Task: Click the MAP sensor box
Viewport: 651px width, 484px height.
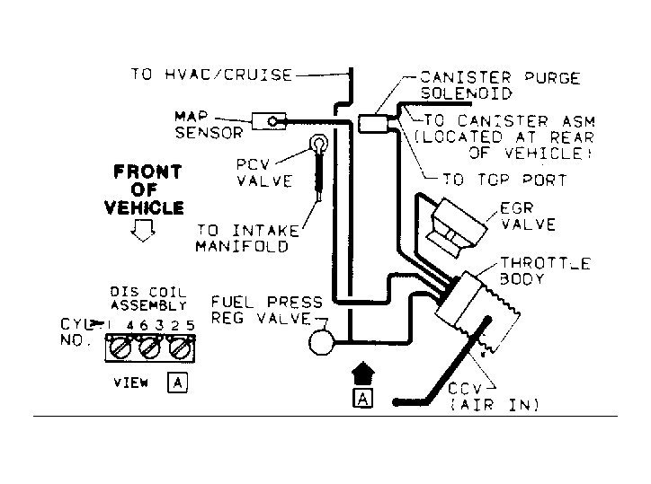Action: [269, 121]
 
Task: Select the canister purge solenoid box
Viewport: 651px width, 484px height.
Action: [374, 124]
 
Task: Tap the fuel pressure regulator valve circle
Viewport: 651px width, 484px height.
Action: [321, 342]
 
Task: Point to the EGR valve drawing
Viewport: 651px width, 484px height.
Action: [458, 228]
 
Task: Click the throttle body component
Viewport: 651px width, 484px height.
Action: [477, 311]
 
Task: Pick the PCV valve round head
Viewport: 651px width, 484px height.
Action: [318, 144]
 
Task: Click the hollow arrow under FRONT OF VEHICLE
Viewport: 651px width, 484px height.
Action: [143, 230]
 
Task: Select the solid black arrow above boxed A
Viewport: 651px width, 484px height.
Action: [363, 374]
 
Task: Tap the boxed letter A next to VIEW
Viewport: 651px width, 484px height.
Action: [178, 383]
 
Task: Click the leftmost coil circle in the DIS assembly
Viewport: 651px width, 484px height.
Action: [120, 348]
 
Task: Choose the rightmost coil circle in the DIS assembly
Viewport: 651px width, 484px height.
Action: [181, 348]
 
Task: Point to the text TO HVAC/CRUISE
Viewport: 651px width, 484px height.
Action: [211, 75]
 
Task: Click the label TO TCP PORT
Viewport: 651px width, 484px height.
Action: [504, 180]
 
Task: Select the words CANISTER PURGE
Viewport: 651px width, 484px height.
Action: [500, 77]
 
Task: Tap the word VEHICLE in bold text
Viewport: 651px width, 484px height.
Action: [144, 207]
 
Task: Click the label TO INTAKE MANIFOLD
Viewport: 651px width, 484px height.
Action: [248, 239]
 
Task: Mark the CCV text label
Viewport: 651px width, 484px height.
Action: [465, 389]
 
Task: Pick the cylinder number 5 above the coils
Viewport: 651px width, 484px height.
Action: [191, 325]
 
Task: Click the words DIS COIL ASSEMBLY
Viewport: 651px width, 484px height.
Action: [148, 299]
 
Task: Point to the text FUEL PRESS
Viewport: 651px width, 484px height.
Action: [267, 302]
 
